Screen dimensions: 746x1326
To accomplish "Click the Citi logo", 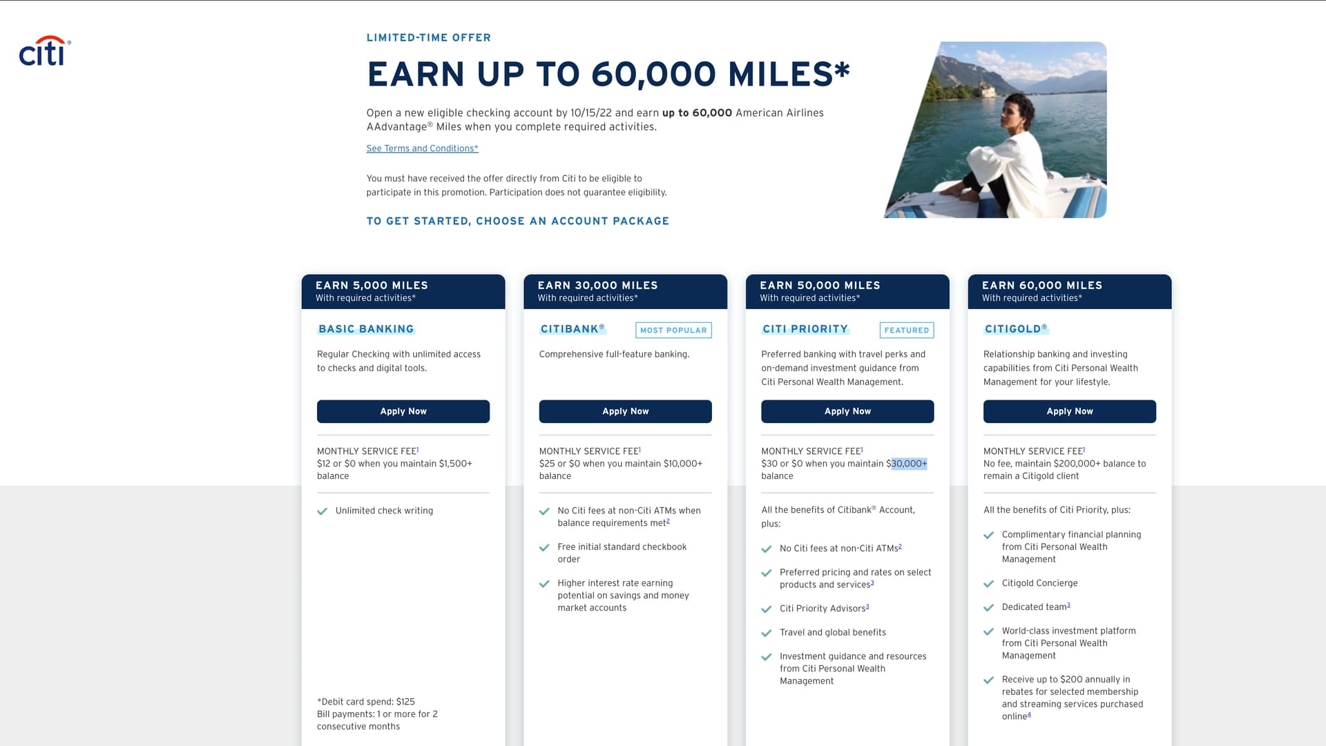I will (44, 52).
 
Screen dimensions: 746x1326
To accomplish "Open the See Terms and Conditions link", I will (422, 148).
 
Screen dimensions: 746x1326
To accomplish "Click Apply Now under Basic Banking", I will (403, 411).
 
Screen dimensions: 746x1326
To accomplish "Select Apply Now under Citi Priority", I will (847, 411).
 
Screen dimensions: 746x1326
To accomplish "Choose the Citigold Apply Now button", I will (1069, 411).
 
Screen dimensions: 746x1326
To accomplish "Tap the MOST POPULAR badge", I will (673, 330).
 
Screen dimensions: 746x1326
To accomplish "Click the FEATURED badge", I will (906, 330).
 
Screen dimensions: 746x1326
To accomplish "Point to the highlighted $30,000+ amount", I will (909, 464).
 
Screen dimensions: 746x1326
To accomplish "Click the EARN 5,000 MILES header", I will (372, 285).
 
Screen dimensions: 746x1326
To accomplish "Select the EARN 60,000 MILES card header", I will (1041, 285).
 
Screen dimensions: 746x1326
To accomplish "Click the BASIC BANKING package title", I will (366, 329).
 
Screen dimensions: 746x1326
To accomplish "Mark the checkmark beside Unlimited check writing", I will (322, 511).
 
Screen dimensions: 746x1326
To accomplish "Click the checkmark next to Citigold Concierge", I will (988, 584).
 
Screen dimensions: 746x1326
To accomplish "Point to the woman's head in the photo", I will (1017, 112).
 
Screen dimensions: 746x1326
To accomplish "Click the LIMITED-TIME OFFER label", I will (428, 38).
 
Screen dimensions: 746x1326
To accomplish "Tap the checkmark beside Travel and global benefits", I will (766, 633).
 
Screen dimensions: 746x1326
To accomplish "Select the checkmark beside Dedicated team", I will (988, 608).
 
